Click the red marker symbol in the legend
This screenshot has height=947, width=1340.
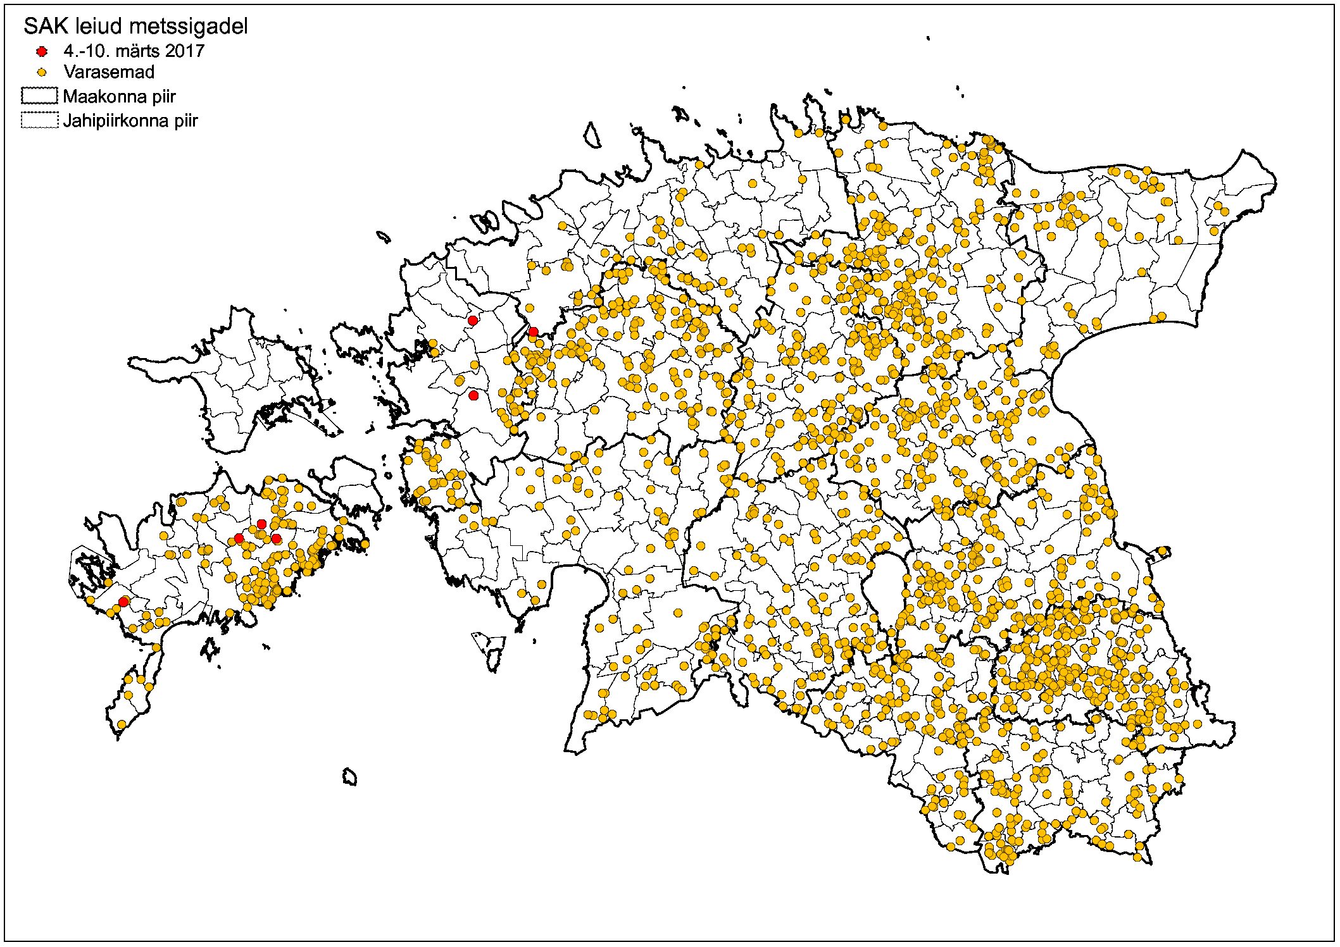point(42,51)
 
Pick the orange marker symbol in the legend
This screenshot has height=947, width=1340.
point(42,72)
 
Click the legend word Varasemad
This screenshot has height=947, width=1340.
point(109,72)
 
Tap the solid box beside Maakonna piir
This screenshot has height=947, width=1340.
point(39,96)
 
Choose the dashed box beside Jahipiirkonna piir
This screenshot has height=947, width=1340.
point(39,120)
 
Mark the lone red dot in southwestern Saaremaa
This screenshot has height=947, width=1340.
point(124,601)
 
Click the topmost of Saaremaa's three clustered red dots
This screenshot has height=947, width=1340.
point(261,524)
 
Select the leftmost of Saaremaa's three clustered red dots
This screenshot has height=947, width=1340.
point(239,538)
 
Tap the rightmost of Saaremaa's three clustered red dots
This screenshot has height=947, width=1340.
point(276,538)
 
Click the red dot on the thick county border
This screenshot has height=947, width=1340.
point(533,331)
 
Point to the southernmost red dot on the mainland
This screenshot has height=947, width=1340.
point(473,395)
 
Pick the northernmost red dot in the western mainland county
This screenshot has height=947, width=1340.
point(472,321)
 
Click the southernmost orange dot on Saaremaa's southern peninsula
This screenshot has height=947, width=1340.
point(122,724)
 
